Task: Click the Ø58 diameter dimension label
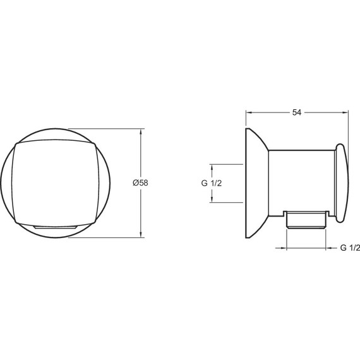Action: [140, 183]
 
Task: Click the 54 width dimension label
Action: [297, 112]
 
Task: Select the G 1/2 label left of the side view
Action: [212, 183]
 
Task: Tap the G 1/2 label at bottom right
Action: [350, 248]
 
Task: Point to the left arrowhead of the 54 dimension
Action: [249, 112]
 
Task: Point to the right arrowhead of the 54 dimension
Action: [345, 112]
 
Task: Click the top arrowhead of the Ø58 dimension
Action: [141, 132]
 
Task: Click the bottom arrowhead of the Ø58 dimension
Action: [141, 234]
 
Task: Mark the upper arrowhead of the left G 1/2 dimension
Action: [212, 167]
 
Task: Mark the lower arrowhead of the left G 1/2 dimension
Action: [212, 200]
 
